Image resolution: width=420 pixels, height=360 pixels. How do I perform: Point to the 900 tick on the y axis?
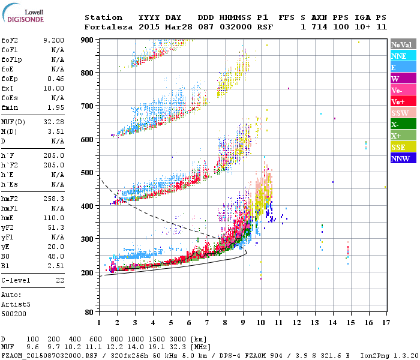point(88,40)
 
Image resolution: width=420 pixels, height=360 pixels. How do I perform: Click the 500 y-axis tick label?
point(88,173)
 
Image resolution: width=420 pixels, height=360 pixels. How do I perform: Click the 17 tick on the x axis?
point(384,322)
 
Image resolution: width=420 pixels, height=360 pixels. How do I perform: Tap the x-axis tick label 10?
point(261,322)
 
